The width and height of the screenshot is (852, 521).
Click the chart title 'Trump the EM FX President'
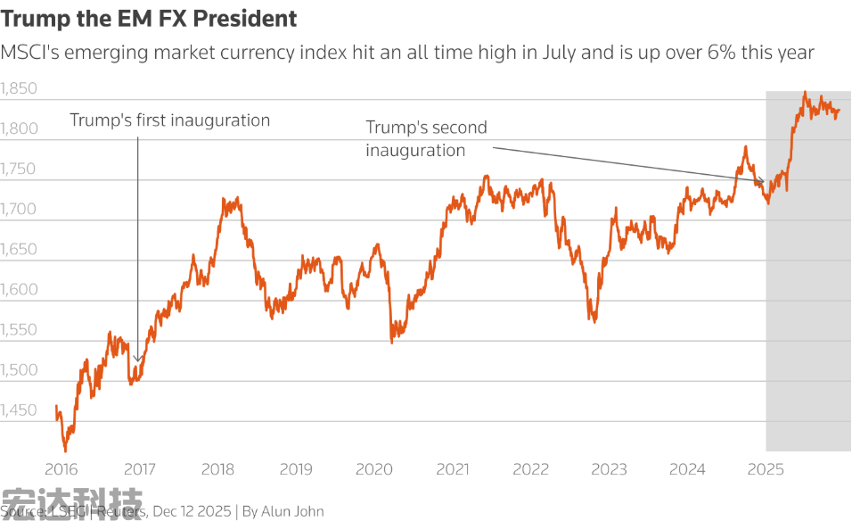coord(149,18)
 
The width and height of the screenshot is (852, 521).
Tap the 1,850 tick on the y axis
coord(19,88)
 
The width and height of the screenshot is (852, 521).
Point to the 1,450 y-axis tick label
coord(19,410)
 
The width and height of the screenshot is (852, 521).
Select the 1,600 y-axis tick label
coord(19,289)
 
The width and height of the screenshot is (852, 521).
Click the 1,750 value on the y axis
coord(19,169)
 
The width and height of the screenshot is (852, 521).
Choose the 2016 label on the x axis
coord(61,469)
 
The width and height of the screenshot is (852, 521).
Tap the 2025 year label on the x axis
coord(766,469)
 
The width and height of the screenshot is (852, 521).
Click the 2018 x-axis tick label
coord(217,469)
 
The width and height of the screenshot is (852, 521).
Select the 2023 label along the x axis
coord(610,469)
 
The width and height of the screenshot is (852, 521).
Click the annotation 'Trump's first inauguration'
coord(169,120)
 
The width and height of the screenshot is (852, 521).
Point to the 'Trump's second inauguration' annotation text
coord(426,138)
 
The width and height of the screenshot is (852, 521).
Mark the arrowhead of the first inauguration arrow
coord(138,361)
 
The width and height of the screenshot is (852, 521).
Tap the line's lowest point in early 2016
coord(65,451)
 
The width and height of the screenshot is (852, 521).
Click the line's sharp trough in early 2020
coord(392,342)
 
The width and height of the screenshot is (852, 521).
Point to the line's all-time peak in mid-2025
coord(805,92)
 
